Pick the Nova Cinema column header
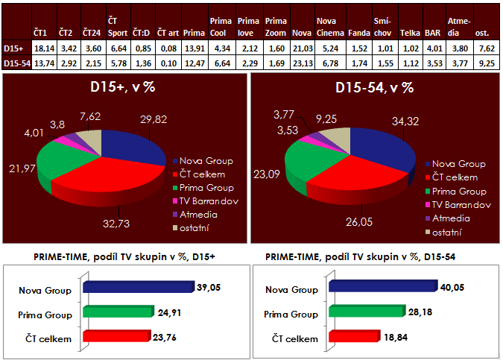[x=330, y=26]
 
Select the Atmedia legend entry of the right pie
[x=455, y=218]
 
